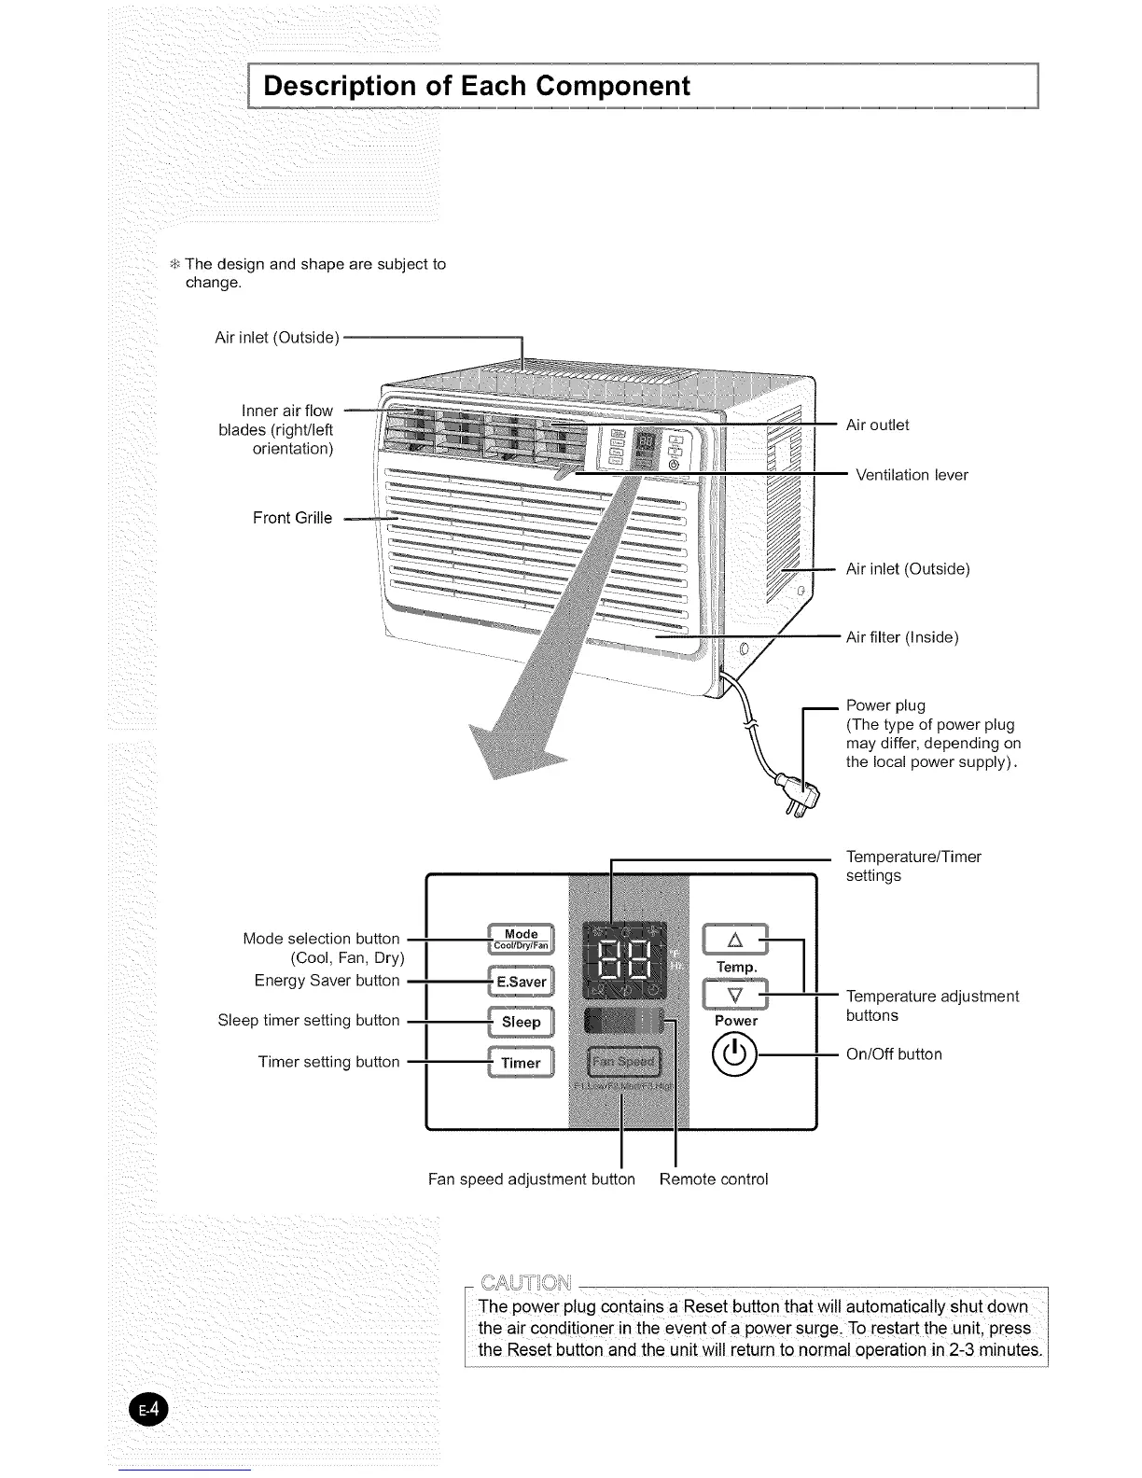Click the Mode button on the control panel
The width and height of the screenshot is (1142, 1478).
point(522,939)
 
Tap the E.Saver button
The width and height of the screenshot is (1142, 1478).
point(522,982)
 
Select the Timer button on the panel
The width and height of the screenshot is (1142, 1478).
point(522,1063)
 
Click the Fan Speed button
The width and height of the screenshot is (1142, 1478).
point(623,1062)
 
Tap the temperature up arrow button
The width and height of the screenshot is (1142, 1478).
point(734,940)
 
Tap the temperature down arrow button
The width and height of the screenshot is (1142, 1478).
point(734,995)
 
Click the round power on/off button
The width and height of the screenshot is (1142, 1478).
point(735,1055)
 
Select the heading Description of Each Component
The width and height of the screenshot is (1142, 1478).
point(477,86)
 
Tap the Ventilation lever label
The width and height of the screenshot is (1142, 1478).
point(912,475)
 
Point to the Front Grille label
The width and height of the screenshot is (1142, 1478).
point(292,518)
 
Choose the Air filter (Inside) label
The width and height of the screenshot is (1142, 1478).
point(902,637)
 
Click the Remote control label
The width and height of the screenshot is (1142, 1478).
point(714,1178)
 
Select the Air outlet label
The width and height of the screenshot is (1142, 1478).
point(877,425)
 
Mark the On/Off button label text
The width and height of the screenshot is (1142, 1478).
point(894,1054)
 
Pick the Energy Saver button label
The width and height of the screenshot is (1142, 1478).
point(327,981)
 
